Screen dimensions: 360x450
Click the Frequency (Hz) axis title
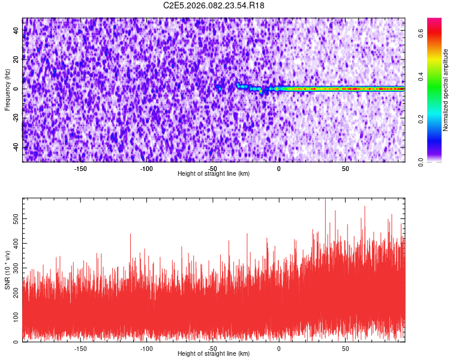[7, 89]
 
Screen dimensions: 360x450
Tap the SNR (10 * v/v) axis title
[7, 270]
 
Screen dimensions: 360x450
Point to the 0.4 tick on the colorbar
[422, 77]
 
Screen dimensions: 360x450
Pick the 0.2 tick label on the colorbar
[422, 119]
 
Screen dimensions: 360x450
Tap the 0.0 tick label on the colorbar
[422, 161]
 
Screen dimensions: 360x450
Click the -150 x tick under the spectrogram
[80, 168]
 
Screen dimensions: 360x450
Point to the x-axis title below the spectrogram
[214, 173]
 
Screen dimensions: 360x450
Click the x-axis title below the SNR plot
[214, 353]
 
